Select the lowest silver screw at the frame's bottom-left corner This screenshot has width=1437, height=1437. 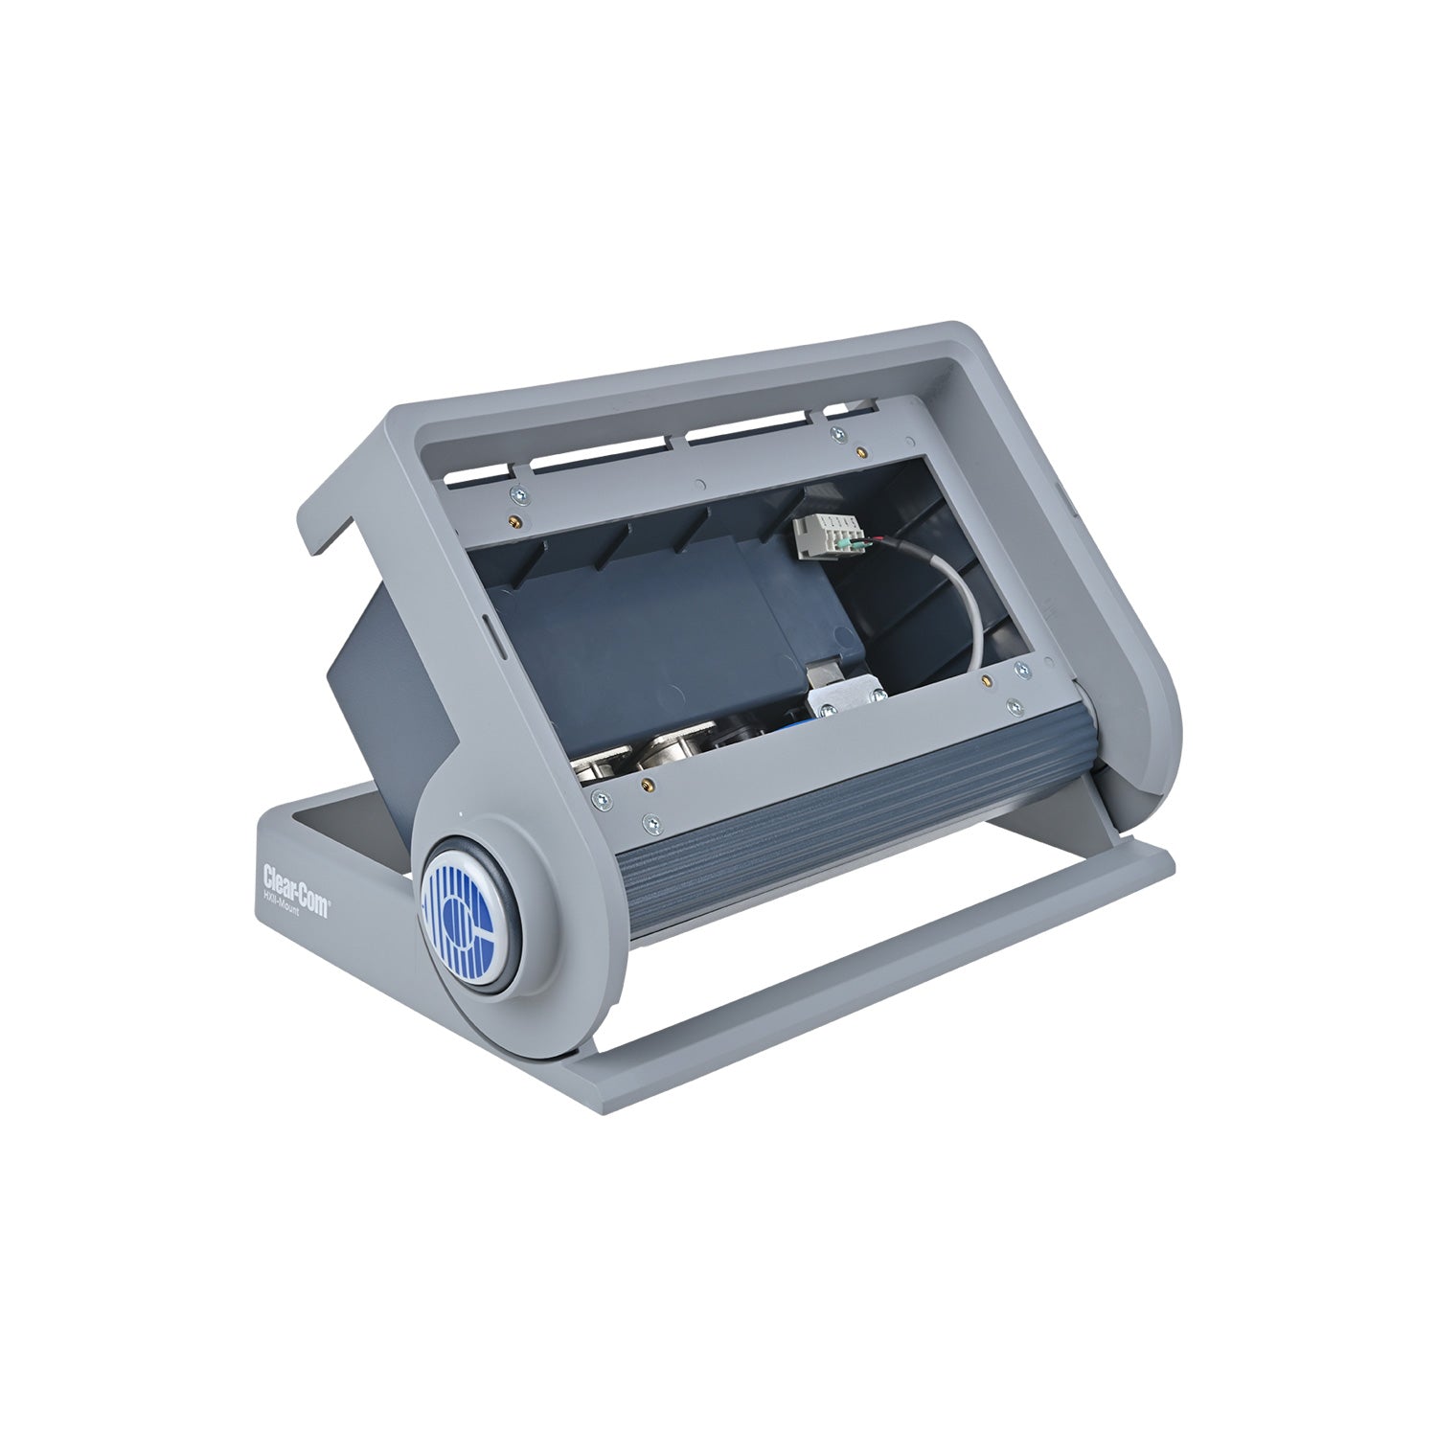coord(652,821)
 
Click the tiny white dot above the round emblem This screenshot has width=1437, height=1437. coord(463,815)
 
